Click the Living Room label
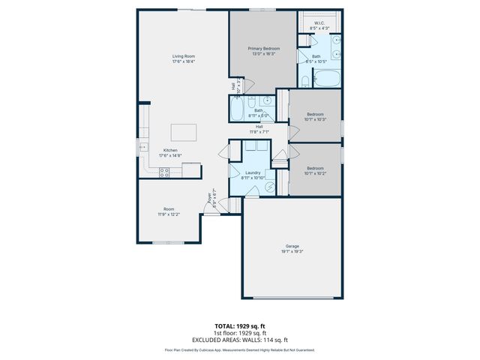[x=184, y=56]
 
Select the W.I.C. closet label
[x=319, y=23]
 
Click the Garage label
[x=292, y=247]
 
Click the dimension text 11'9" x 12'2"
[x=169, y=214]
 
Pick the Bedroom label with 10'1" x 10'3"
[x=314, y=114]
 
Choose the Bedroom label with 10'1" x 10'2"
[x=314, y=168]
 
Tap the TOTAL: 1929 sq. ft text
[x=240, y=326]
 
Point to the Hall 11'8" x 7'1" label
[x=259, y=127]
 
